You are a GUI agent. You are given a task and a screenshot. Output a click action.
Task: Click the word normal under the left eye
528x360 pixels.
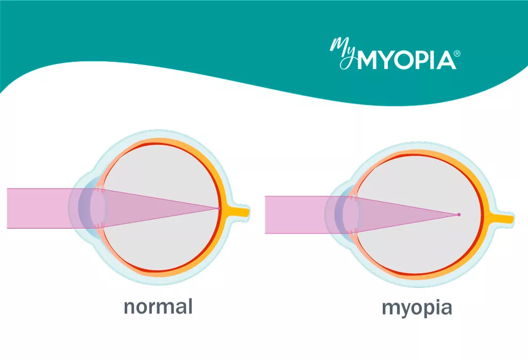click(158, 306)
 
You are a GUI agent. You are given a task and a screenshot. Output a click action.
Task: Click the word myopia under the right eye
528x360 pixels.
click(417, 308)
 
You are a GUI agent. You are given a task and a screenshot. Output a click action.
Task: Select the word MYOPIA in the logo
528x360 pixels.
click(406, 61)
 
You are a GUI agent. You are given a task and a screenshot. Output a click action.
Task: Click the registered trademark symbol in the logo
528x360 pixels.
click(457, 54)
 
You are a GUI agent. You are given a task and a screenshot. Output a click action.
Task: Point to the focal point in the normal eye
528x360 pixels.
click(219, 209)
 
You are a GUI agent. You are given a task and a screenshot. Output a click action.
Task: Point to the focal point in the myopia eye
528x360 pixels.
click(458, 215)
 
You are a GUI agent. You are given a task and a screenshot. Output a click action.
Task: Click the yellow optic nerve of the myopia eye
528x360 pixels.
click(501, 219)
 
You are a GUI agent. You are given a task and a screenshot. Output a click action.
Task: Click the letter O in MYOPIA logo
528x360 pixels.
click(403, 61)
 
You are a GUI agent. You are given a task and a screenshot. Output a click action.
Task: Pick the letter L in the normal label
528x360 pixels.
click(190, 306)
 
